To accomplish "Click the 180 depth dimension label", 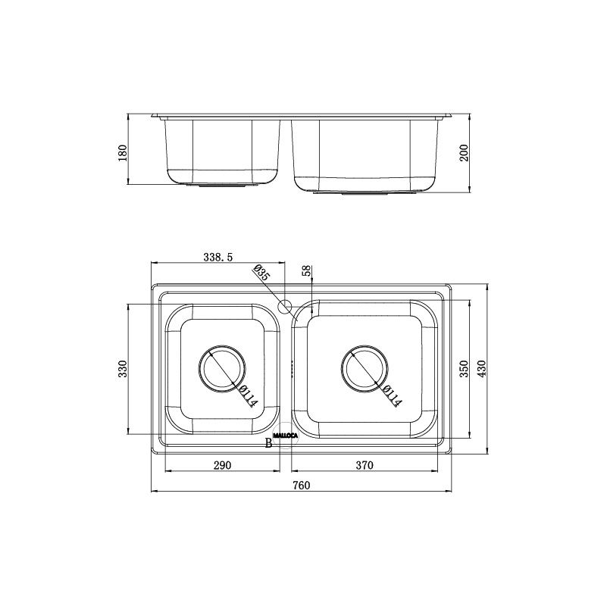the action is click(122, 153).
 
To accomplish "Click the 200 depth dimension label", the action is click(463, 152).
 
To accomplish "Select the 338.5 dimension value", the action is click(218, 257).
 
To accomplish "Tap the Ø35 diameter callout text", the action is click(261, 273).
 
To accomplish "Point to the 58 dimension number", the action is click(306, 270).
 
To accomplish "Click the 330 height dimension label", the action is click(122, 369).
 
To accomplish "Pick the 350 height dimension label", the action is click(463, 369).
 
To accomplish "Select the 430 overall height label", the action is click(481, 369).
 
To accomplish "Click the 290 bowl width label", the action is click(222, 465).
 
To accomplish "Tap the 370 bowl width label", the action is click(365, 465).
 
